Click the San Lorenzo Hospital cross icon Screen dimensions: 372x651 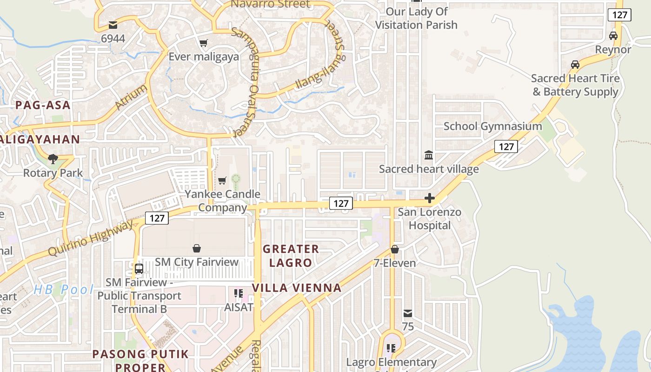tap(430, 199)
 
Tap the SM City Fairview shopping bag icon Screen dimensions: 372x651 tap(197, 249)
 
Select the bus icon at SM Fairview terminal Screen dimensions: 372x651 tap(139, 268)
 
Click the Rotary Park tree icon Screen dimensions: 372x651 tap(53, 159)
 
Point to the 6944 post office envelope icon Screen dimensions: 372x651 tap(113, 25)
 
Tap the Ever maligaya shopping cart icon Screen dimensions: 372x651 tap(203, 43)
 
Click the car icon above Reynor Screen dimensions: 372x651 tap(613, 36)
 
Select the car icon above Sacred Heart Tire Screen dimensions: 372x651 tap(575, 65)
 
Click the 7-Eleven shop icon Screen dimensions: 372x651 tap(395, 250)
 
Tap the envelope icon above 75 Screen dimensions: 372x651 tap(408, 313)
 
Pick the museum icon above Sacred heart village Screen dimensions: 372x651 tap(429, 155)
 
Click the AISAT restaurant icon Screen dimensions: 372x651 tap(239, 293)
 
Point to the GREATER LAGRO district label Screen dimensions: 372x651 tap(291, 256)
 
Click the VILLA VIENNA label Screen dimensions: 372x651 tap(297, 288)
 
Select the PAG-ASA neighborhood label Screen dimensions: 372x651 tap(43, 105)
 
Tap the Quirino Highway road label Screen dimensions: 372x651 tap(91, 238)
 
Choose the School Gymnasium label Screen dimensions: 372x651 tap(492, 126)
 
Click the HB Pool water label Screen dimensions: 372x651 tap(64, 290)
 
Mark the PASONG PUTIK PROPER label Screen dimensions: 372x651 tap(140, 360)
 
